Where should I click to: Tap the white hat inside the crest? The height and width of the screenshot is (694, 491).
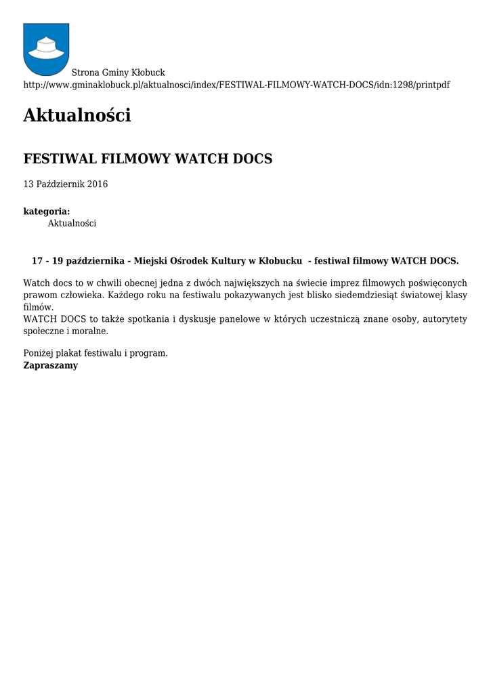[46, 47]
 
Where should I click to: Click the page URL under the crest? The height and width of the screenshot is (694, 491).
[236, 85]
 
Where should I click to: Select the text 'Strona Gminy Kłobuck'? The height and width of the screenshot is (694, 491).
[119, 73]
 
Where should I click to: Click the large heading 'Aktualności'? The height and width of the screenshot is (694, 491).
[77, 116]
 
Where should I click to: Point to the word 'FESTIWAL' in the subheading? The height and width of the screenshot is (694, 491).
[60, 159]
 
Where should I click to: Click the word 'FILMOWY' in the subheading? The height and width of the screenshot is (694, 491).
[136, 159]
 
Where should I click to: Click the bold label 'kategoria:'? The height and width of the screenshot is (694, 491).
[47, 211]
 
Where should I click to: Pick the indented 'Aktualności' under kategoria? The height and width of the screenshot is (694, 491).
[72, 223]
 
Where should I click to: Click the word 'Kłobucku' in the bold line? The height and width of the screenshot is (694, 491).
[280, 261]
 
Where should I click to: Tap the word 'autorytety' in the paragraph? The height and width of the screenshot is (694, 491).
[445, 319]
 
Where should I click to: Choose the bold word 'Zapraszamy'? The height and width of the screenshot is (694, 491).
[51, 365]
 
